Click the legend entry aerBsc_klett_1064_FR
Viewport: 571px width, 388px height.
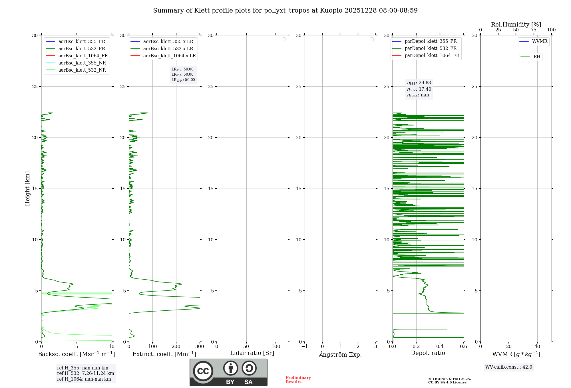point(83,56)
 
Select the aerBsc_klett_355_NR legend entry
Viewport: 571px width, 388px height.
point(82,63)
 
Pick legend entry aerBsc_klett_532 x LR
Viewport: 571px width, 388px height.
point(168,48)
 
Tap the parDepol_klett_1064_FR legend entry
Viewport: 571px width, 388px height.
point(432,55)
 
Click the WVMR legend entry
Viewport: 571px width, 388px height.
point(539,41)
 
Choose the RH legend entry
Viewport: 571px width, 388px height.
point(536,57)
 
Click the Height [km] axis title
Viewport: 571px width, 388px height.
point(27,188)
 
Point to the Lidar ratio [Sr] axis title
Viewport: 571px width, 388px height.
point(252,353)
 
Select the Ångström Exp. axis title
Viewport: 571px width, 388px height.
point(340,354)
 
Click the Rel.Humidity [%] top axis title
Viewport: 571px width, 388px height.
point(516,25)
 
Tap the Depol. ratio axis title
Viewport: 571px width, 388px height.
point(428,353)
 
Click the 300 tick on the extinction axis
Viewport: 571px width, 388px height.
point(200,347)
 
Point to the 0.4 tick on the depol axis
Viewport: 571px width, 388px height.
point(440,347)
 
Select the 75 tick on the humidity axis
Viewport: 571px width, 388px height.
point(533,30)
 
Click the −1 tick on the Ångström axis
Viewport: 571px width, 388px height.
point(304,347)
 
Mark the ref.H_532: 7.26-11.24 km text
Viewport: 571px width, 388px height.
point(85,373)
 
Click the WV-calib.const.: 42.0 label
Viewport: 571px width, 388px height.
point(508,367)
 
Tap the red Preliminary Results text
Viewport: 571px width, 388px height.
point(298,379)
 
